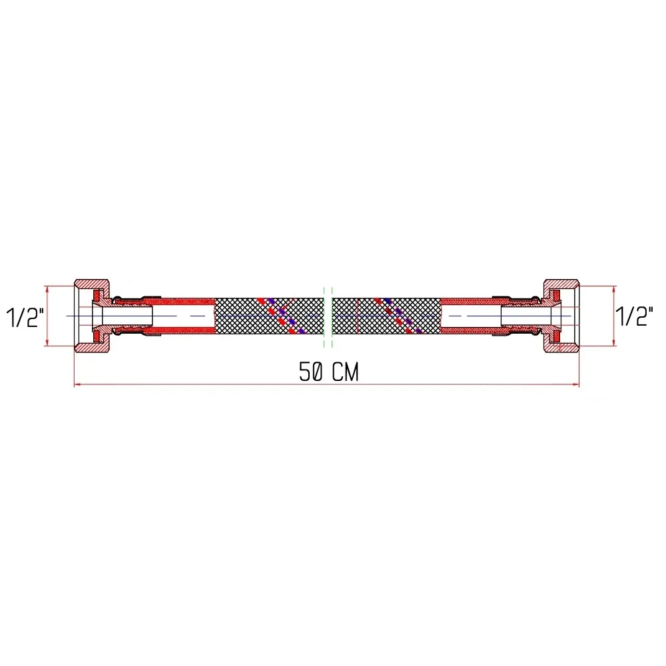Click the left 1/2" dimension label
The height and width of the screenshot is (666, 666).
(25, 317)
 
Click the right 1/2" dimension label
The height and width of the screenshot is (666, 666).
(633, 317)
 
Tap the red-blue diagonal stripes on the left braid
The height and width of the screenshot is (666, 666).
(279, 314)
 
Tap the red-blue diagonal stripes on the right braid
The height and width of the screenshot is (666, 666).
(396, 314)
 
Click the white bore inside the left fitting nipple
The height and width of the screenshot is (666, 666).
(127, 315)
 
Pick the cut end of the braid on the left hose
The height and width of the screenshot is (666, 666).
(214, 315)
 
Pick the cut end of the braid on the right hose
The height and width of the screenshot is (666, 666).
(440, 315)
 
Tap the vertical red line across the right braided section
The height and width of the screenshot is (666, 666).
(358, 315)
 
